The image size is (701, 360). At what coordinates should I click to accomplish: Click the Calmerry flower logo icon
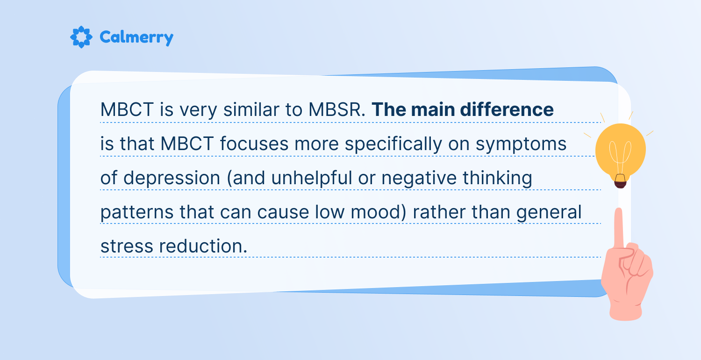click(81, 37)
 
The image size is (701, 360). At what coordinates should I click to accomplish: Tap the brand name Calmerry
click(136, 38)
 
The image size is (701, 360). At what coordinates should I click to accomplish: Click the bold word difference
click(507, 109)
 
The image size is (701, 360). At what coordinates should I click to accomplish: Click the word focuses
click(254, 144)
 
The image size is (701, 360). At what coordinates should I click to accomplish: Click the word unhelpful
click(312, 178)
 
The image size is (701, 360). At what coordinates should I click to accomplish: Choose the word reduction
click(203, 246)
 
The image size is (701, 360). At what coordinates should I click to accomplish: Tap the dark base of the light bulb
click(620, 181)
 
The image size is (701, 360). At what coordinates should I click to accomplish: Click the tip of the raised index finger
click(619, 209)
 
